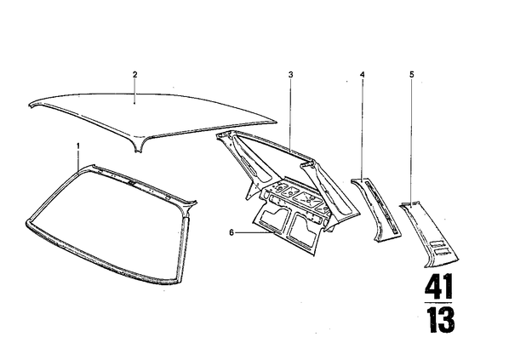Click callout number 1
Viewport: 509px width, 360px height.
click(78, 146)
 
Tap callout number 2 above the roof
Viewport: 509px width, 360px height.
click(135, 74)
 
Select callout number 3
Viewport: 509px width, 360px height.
click(290, 74)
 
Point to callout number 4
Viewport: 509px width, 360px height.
click(363, 74)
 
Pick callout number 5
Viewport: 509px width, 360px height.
click(412, 74)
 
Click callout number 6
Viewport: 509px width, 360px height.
click(232, 232)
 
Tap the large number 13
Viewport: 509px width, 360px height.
click(440, 320)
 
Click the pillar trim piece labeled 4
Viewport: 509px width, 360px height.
click(376, 209)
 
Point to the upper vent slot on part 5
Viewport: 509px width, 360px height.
click(436, 243)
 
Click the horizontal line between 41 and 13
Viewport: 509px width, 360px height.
click(438, 303)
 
